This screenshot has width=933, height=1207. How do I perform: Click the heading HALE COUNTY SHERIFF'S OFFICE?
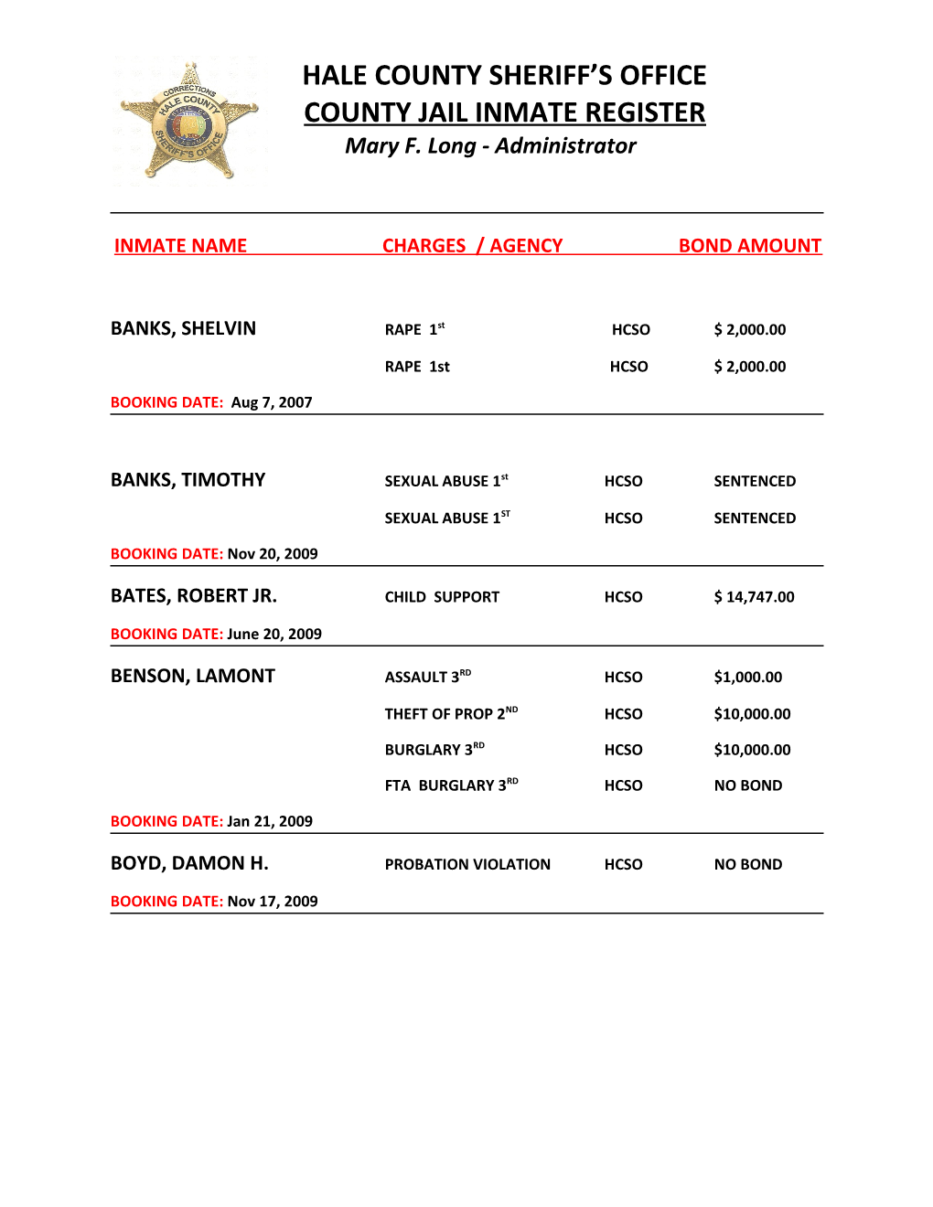(504, 75)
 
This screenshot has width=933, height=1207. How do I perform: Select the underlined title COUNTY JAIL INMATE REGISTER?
(504, 112)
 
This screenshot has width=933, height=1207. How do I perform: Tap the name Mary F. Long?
(410, 146)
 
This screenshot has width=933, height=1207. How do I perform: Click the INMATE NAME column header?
(180, 246)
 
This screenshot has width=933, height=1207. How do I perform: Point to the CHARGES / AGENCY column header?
(472, 246)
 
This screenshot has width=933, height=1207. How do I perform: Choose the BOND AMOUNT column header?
(749, 246)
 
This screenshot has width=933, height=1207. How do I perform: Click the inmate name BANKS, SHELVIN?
(183, 329)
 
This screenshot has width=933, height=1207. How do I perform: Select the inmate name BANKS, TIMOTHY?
(188, 481)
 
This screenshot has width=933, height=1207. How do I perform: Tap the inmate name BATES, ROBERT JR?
(193, 596)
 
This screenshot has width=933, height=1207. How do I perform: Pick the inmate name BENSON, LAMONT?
(192, 677)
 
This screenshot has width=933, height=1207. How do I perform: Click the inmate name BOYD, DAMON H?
(189, 864)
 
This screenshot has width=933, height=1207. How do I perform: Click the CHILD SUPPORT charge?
(442, 597)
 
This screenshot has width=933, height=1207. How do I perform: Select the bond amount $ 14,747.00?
(754, 597)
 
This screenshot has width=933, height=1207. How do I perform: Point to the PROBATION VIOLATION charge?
(467, 865)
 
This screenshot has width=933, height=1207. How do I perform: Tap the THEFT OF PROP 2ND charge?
(450, 714)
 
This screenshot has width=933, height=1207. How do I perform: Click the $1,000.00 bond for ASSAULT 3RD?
(747, 678)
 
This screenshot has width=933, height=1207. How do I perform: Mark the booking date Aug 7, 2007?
(272, 402)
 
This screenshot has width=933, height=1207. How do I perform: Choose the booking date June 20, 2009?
(274, 635)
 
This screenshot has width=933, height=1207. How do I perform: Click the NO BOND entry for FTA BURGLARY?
(747, 785)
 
